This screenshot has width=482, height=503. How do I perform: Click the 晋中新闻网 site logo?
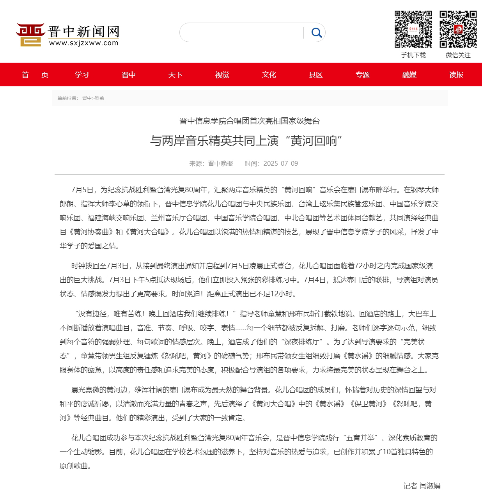(x=67, y=34)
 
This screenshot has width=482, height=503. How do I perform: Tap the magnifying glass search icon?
(x=316, y=33)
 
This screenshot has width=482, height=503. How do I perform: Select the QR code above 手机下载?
(x=413, y=29)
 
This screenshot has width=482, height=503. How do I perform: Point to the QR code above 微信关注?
(x=458, y=29)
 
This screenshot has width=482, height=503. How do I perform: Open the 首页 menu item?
(x=35, y=74)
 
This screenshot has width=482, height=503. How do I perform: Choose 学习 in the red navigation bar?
(x=82, y=74)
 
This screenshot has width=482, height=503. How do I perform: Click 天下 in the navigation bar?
(x=175, y=74)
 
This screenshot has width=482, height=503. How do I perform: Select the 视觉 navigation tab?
(x=222, y=74)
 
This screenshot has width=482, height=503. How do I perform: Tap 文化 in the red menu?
(x=269, y=74)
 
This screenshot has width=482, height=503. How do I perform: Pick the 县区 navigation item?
(x=316, y=74)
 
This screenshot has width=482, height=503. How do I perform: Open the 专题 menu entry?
(x=363, y=74)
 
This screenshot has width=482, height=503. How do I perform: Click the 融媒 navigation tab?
(x=409, y=74)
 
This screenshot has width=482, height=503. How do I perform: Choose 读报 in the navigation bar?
(x=456, y=74)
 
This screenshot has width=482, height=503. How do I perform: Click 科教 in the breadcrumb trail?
(x=100, y=98)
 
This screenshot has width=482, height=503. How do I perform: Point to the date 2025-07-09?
(x=280, y=163)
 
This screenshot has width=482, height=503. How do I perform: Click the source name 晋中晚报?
(x=220, y=163)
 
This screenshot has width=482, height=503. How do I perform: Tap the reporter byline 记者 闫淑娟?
(x=422, y=486)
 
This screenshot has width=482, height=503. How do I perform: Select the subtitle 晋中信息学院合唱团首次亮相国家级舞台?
(x=250, y=121)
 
